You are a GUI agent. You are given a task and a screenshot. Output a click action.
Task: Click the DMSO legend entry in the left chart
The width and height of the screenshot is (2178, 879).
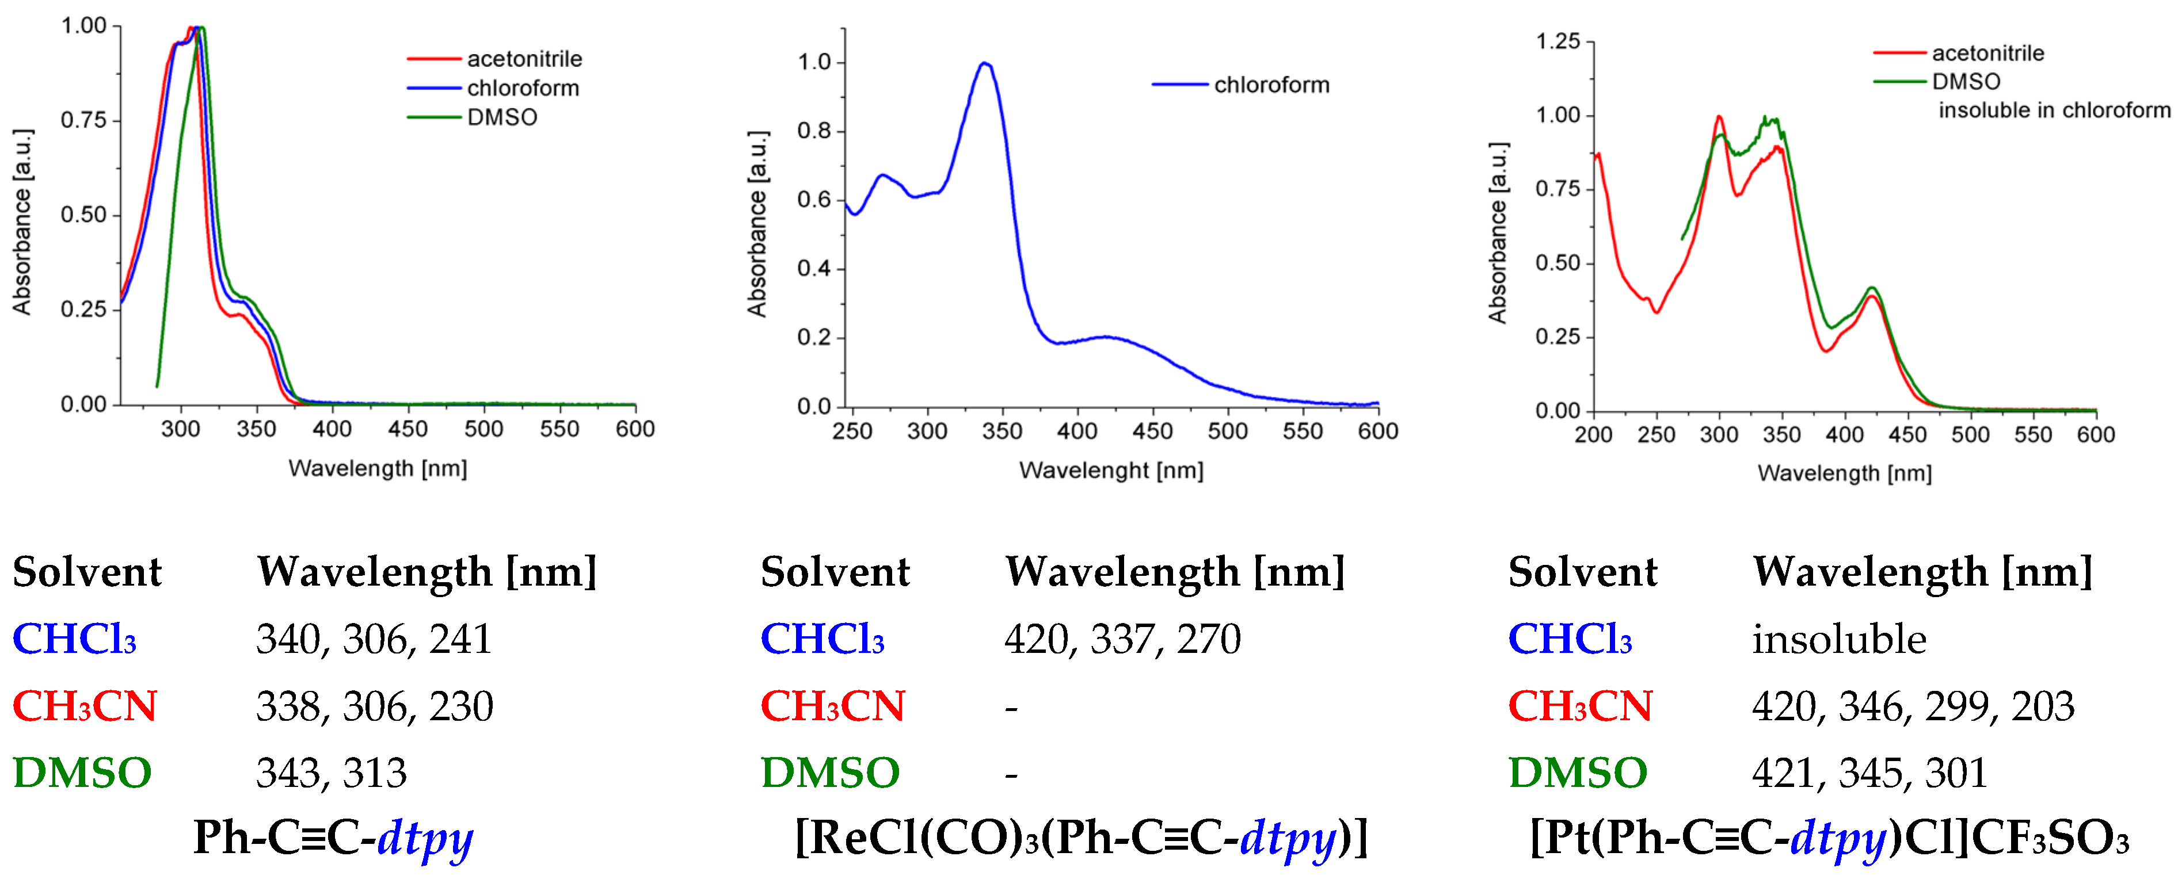click(x=501, y=117)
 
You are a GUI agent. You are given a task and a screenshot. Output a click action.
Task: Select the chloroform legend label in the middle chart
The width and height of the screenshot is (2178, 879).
click(x=1271, y=85)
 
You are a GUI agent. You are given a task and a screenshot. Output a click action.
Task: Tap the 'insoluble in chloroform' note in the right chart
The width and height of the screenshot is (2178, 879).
click(x=2054, y=110)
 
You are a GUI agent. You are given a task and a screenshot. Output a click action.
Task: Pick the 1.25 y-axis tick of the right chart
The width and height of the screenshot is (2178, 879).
click(x=1558, y=41)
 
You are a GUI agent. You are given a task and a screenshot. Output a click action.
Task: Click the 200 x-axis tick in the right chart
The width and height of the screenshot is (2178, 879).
click(x=1593, y=434)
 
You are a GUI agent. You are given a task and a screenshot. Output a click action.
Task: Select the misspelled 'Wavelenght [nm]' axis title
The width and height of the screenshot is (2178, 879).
click(x=1111, y=470)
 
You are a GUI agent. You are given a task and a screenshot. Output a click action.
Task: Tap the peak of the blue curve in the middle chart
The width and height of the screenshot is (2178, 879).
click(x=984, y=63)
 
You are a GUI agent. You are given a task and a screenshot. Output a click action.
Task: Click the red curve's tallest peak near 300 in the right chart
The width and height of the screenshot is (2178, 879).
click(x=1719, y=117)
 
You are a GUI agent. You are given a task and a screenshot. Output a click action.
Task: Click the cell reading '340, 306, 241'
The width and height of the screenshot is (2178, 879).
click(x=374, y=639)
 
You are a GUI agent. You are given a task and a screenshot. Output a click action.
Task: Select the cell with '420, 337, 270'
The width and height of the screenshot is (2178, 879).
click(x=1122, y=639)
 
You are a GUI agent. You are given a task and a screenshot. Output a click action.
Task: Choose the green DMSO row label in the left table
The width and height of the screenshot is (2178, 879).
click(x=82, y=773)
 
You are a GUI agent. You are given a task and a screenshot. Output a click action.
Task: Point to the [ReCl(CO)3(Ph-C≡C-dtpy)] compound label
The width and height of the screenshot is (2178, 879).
click(x=1080, y=838)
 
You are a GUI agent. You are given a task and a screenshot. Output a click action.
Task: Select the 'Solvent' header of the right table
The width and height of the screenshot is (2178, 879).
click(x=1582, y=572)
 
